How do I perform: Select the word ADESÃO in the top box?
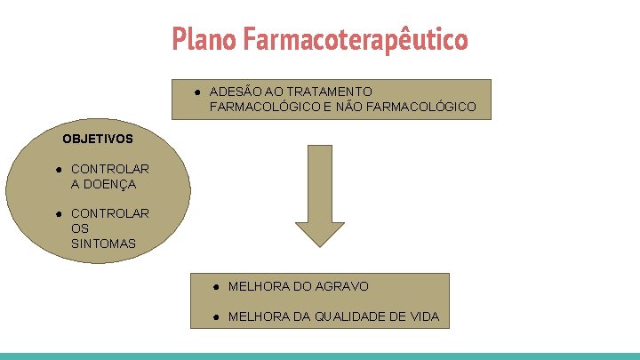[234, 92]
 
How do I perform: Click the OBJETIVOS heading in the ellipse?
[98, 139]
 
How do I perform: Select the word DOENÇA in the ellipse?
[103, 184]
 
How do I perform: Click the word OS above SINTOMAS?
[80, 228]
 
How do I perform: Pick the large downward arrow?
[319, 195]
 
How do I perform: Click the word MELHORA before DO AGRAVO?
[259, 286]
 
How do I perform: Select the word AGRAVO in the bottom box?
[342, 286]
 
